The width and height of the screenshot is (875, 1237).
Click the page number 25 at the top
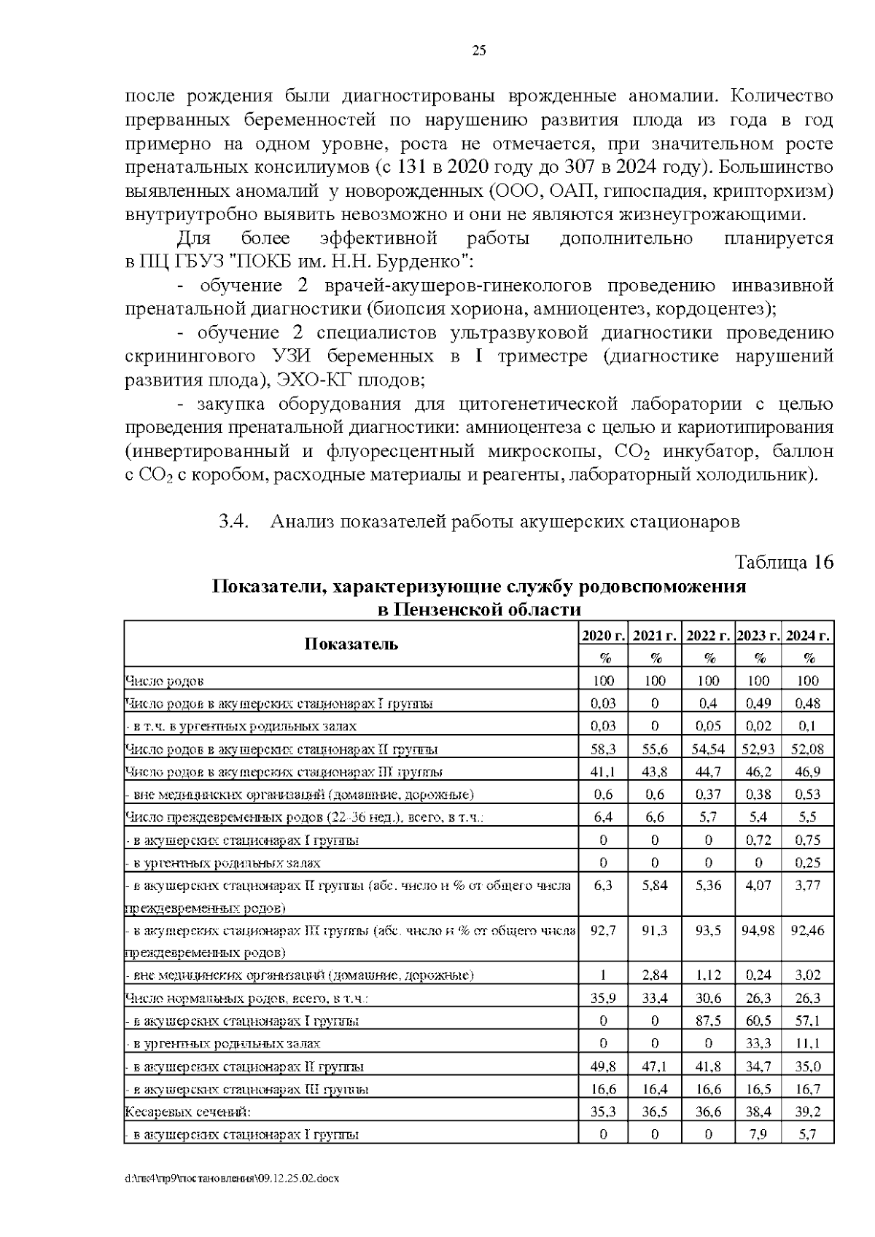[x=479, y=50]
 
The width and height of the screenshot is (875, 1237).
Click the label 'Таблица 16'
[x=783, y=562]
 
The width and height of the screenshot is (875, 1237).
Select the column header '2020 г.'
[x=604, y=635]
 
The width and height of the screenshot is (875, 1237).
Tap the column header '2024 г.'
[x=808, y=635]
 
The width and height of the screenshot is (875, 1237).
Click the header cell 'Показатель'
[x=351, y=644]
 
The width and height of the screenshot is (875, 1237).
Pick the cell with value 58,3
[x=604, y=749]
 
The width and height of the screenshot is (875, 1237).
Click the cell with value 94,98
[x=758, y=930]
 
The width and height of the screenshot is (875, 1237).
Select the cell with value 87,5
[x=707, y=1021]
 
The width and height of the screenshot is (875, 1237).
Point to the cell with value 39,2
[x=808, y=1112]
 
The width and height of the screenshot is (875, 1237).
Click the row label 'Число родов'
[x=164, y=682]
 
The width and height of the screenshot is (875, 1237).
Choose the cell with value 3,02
[x=808, y=975]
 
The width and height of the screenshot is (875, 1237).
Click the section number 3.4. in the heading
[x=234, y=521]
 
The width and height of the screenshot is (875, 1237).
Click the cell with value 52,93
[x=758, y=749]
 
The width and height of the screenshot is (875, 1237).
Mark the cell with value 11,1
[x=808, y=1044]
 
